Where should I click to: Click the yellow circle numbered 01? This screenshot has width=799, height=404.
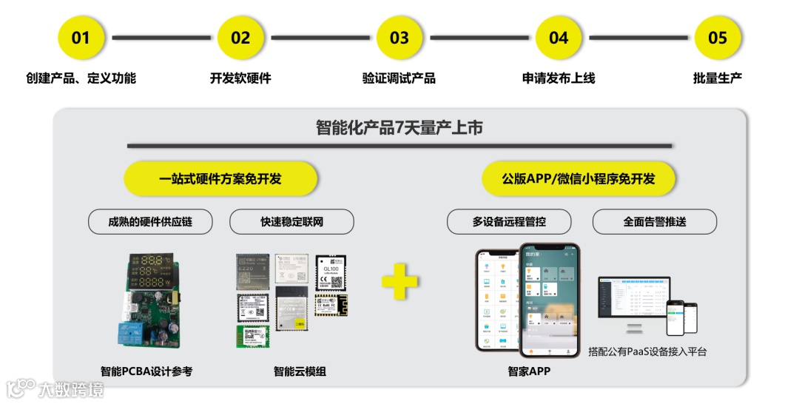click(81, 38)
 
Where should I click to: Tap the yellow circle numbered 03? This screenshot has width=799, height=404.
click(399, 38)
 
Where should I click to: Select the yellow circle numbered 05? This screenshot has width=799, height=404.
click(718, 38)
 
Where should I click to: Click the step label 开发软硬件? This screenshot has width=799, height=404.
click(240, 78)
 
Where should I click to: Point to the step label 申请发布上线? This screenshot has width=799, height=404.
click(559, 78)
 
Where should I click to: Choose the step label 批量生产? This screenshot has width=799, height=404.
click(718, 78)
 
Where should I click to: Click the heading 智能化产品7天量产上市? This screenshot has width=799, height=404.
click(399, 128)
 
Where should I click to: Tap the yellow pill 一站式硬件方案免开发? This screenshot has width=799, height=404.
click(220, 179)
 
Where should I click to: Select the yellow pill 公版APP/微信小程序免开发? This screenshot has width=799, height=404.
click(579, 179)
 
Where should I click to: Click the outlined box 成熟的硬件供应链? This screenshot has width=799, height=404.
click(150, 221)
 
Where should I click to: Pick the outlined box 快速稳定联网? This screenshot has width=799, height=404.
click(291, 221)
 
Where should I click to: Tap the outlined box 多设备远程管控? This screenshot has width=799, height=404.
click(509, 221)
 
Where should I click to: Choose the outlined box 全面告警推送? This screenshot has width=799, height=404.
click(655, 221)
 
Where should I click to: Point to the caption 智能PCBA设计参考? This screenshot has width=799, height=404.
click(146, 371)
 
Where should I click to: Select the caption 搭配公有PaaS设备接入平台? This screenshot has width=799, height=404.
click(647, 351)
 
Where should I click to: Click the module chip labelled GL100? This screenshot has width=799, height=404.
click(330, 271)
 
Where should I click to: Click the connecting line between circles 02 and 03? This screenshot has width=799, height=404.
click(320, 38)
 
